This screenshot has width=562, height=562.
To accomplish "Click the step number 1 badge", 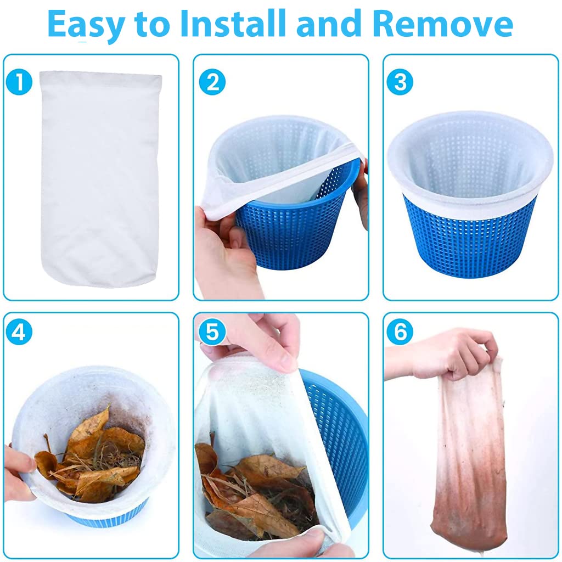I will click(20, 82).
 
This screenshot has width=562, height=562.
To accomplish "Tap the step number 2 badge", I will click(212, 82).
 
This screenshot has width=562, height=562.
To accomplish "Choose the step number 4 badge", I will click(20, 332).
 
